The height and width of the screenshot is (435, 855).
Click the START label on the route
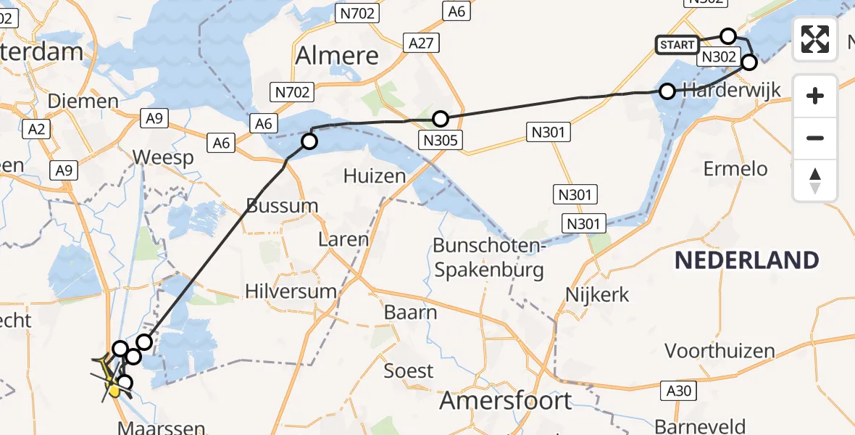point(677,45)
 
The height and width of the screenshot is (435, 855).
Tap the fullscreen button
point(815,39)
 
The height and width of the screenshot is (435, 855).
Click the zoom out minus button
point(815,138)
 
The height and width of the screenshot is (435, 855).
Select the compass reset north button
point(815,181)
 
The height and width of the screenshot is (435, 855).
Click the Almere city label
point(338,56)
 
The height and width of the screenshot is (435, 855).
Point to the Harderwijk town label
point(732,91)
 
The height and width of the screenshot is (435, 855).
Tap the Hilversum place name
point(291,291)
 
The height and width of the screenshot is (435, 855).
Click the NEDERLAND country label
point(747,260)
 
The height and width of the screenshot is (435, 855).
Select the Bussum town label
point(283,206)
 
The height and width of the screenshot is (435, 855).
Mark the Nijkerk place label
point(598,295)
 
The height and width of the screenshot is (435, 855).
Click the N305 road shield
point(441,140)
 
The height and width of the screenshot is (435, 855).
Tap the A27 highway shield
point(421,43)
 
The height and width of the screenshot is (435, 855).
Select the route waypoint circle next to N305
point(440,119)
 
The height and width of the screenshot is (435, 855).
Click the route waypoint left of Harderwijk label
point(667,91)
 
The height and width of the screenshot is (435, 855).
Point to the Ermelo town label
point(735,169)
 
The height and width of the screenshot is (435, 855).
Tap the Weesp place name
point(164,158)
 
